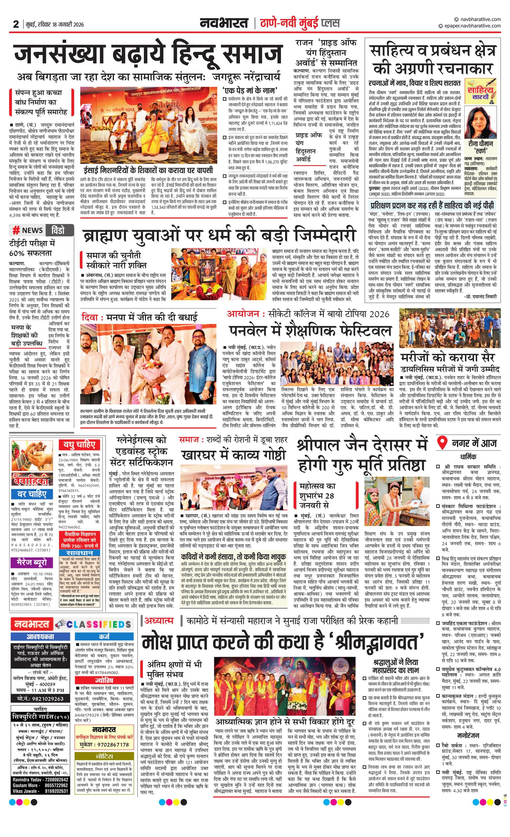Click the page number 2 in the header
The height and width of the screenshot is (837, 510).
click(16, 24)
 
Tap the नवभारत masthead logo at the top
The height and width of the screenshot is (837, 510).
click(224, 23)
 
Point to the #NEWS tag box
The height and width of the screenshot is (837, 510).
click(28, 230)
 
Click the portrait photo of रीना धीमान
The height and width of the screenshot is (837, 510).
click(480, 122)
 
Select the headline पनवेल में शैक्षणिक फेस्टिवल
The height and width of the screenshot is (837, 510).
click(310, 331)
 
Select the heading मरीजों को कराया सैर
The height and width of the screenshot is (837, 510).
click(447, 357)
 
